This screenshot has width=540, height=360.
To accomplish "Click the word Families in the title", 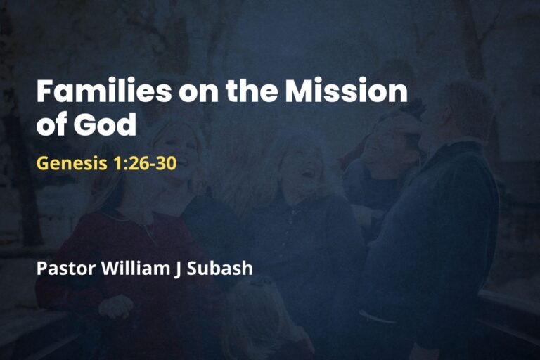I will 94,91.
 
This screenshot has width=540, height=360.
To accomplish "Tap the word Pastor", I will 62,268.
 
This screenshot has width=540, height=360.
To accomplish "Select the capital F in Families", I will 44,91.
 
